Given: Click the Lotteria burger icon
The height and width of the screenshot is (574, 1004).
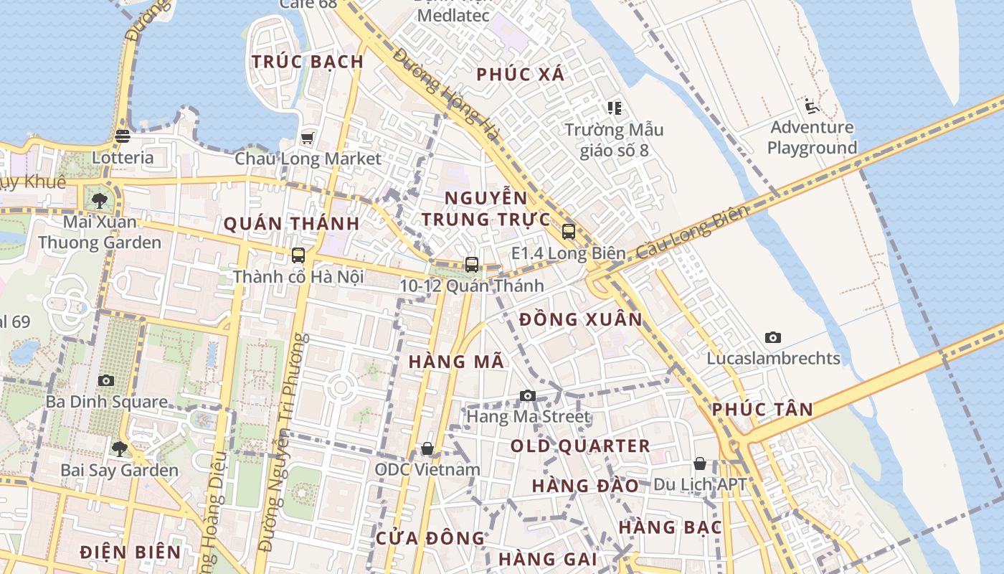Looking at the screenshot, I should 123,136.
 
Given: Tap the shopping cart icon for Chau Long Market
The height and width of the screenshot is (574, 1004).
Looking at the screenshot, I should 308,138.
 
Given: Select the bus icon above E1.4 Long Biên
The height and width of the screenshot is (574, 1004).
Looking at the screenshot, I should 569,232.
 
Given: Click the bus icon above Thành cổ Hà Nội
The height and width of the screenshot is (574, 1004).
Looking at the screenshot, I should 298,255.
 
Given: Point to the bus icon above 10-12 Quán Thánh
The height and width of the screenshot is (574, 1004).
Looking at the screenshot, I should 472,265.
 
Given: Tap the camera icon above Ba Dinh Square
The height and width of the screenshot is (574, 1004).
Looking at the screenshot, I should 106,380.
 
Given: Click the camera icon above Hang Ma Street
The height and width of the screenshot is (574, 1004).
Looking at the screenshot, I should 528,395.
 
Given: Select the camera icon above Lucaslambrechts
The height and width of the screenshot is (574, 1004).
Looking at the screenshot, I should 773,337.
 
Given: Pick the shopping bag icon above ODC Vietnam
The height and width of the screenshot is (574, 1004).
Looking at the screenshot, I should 427,448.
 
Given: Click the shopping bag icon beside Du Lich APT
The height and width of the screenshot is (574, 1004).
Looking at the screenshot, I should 700,464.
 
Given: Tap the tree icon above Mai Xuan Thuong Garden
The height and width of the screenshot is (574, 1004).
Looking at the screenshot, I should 100,201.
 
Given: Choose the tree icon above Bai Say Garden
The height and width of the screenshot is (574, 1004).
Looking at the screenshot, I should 119,449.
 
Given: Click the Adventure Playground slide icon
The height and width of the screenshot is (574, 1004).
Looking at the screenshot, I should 812,107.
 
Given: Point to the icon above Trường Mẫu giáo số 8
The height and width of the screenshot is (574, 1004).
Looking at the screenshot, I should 614,108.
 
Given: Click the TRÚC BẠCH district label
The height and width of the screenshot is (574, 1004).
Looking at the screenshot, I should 308,62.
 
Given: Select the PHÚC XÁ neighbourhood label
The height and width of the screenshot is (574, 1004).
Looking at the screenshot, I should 521,74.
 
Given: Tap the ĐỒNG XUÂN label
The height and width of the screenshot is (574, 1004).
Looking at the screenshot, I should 581,319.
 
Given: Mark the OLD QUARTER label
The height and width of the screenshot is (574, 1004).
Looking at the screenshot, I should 580,446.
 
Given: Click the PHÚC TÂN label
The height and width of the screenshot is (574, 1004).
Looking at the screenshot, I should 762,410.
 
